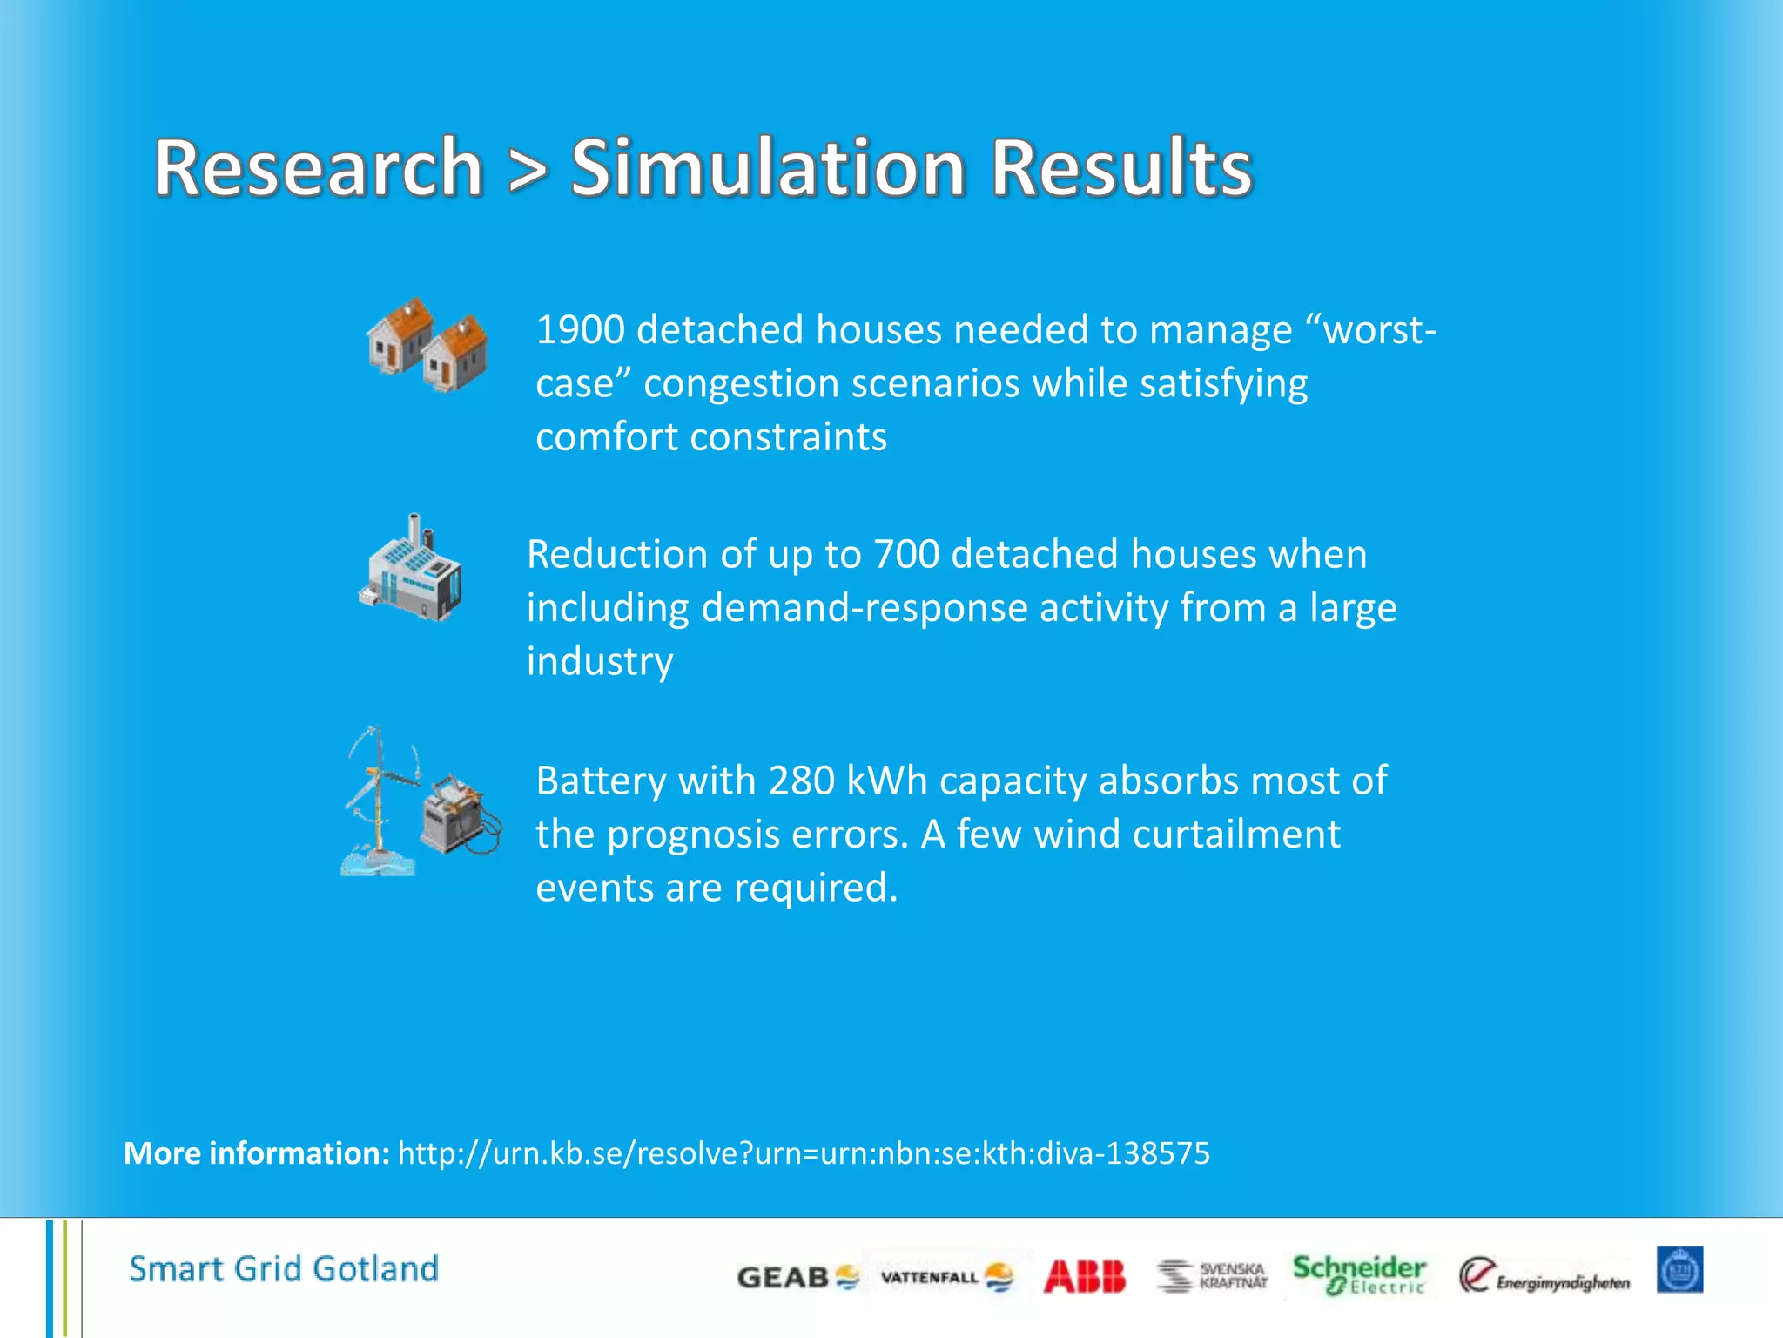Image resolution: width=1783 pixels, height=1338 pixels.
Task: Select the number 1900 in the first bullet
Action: tap(580, 330)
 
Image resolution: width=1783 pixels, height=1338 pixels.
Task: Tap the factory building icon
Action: tap(411, 571)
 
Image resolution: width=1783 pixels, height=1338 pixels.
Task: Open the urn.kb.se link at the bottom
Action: tap(803, 1153)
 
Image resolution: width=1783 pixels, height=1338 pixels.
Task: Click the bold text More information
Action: tap(257, 1153)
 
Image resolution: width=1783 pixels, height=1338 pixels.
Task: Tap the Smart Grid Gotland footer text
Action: tap(284, 1269)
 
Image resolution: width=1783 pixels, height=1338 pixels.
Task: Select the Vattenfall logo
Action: tap(946, 1277)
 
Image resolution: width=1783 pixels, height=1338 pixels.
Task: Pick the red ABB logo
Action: tap(1084, 1277)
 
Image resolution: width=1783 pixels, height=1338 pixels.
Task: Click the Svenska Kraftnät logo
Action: tap(1212, 1276)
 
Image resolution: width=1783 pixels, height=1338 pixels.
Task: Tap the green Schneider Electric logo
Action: tap(1359, 1274)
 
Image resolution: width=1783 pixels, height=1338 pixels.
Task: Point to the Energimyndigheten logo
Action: tap(1544, 1277)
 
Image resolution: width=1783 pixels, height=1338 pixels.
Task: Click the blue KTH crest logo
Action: tap(1679, 1270)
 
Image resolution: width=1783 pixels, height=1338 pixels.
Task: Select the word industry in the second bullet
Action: tap(600, 662)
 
